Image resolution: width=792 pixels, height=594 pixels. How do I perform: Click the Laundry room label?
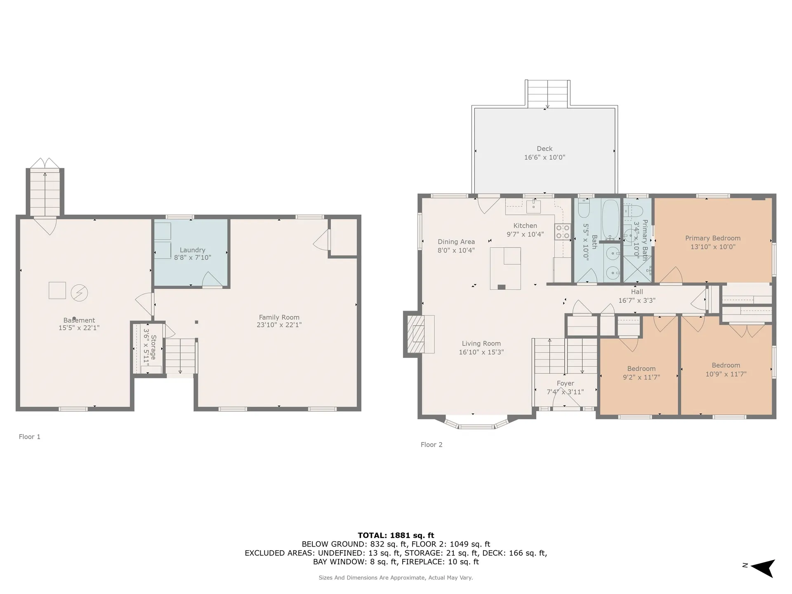point(193,250)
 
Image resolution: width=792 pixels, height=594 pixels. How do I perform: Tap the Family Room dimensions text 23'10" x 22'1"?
point(279,325)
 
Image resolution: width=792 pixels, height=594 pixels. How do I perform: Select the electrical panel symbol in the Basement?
point(79,293)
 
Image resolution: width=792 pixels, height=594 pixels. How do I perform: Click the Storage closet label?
point(153,347)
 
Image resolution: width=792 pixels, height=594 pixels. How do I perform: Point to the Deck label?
point(544,148)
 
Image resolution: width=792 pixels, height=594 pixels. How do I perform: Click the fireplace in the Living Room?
point(419,334)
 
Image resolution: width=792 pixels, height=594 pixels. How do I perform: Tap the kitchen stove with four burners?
point(563,231)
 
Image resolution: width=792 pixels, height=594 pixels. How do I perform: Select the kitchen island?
point(505,269)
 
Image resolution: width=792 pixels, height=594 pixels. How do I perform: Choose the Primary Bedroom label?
point(713,238)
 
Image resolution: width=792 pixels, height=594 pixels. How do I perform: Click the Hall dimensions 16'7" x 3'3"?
point(637,301)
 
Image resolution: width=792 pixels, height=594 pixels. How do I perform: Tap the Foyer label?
point(566,383)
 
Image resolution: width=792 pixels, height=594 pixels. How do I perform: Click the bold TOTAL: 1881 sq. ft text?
point(396,535)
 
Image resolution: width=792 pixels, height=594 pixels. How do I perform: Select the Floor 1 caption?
point(30,437)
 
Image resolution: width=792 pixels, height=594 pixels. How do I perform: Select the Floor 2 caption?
point(431,445)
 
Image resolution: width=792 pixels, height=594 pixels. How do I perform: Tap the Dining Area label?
point(456,242)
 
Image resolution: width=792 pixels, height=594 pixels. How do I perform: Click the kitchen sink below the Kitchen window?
point(534,206)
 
